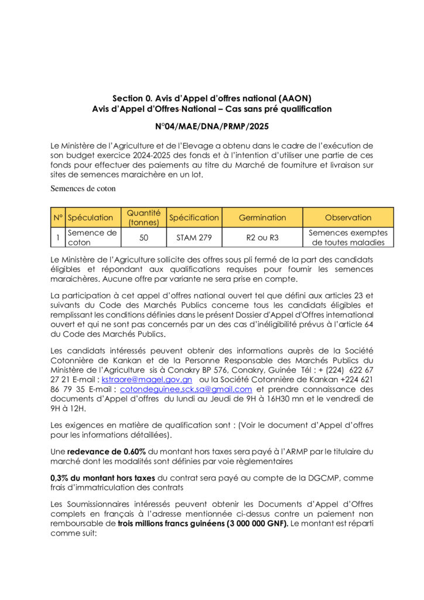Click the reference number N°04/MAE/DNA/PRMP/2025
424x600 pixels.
point(211,125)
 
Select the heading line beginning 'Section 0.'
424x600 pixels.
point(211,98)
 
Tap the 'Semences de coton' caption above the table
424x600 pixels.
point(83,189)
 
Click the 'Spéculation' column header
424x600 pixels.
point(91,217)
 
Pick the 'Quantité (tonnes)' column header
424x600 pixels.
point(143,217)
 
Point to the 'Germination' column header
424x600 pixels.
point(262,217)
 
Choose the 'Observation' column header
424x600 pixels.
point(348,217)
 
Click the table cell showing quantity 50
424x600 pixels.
point(143,237)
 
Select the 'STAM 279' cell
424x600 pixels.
point(194,237)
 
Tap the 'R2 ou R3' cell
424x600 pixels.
point(262,237)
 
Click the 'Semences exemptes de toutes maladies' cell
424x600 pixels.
point(348,237)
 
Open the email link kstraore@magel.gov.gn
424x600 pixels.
point(143,379)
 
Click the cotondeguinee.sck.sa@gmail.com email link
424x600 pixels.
point(186,389)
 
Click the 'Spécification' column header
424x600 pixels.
point(194,217)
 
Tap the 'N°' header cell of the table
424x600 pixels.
point(58,217)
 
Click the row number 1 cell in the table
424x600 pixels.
point(58,237)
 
